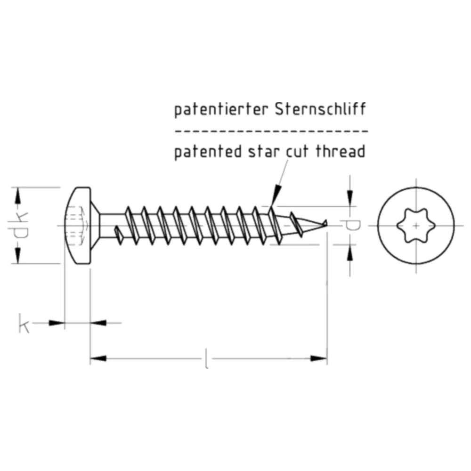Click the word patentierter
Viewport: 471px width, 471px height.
pyautogui.click(x=221, y=110)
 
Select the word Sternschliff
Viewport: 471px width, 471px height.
pyautogui.click(x=320, y=109)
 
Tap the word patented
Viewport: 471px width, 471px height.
pyautogui.click(x=208, y=152)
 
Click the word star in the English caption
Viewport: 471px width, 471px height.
pyautogui.click(x=263, y=152)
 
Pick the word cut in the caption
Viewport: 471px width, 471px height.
pyautogui.click(x=297, y=152)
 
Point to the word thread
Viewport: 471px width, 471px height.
pyautogui.click(x=341, y=151)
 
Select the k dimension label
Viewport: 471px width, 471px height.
pyautogui.click(x=24, y=323)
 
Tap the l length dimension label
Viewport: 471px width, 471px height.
pyautogui.click(x=206, y=358)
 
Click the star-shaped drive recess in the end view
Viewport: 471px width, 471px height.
pyautogui.click(x=416, y=225)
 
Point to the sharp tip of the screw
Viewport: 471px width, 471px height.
pyautogui.click(x=327, y=223)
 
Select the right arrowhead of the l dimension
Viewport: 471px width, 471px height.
pyautogui.click(x=319, y=358)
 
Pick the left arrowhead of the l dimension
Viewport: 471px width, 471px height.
pyautogui.click(x=98, y=358)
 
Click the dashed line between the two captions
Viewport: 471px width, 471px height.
pyautogui.click(x=271, y=131)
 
